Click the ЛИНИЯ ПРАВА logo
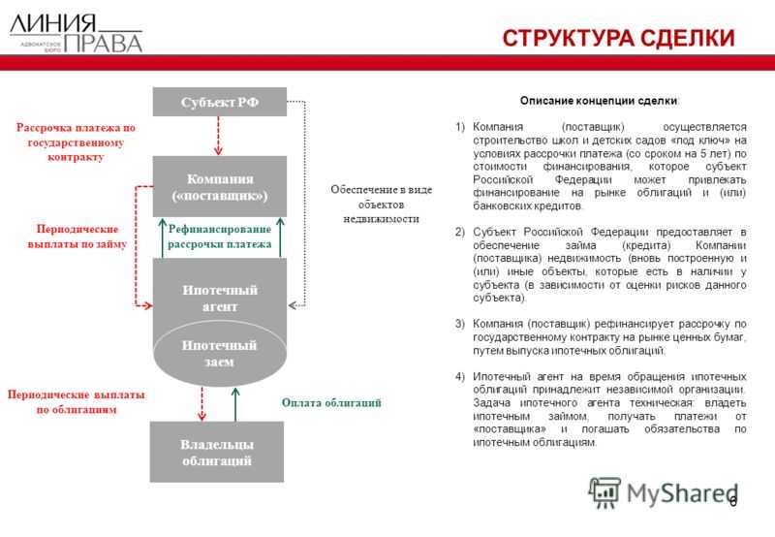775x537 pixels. pos(76,33)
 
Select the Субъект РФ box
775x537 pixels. pos(219,102)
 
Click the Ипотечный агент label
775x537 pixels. pos(219,298)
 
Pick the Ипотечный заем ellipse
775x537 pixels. pos(220,354)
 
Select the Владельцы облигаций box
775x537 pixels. pos(217,452)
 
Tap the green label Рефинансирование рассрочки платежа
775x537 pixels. pos(219,237)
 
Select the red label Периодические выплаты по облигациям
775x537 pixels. pos(77,401)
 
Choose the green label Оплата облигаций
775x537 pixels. pos(332,401)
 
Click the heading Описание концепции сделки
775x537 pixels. pos(600,101)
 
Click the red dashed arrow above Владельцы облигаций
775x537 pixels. pos(201,402)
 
